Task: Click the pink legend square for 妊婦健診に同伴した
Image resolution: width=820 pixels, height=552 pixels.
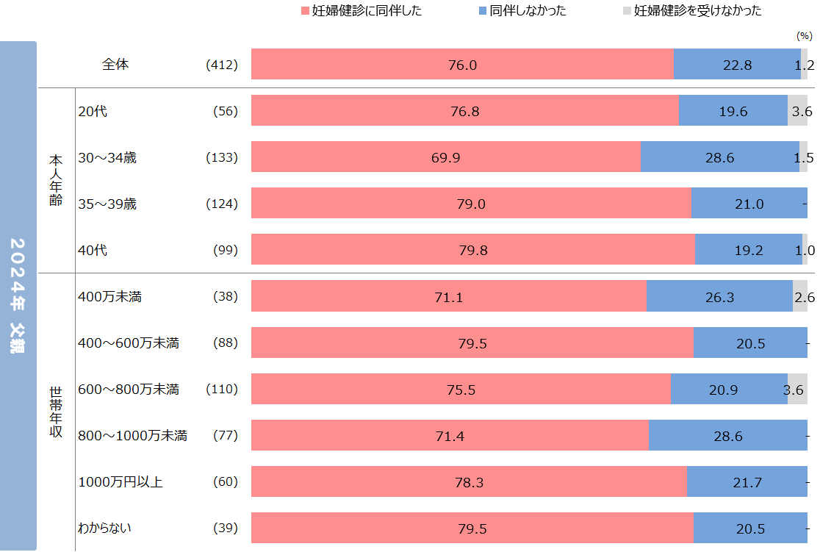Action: tap(306, 11)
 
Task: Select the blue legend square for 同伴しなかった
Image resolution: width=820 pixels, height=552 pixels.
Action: tap(482, 11)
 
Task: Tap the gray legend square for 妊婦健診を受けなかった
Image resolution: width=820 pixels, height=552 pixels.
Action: tap(626, 11)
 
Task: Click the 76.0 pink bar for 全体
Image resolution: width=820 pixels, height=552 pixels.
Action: tap(462, 65)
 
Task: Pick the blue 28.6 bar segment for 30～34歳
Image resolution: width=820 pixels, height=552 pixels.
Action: tap(719, 157)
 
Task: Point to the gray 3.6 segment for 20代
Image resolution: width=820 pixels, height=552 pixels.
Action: tap(797, 111)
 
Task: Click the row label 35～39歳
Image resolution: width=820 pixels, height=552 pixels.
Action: tap(107, 204)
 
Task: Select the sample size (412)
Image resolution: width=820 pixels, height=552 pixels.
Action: tap(223, 65)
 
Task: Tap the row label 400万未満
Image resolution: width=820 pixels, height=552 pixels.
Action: tap(109, 297)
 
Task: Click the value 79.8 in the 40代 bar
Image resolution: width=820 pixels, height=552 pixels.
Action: tap(472, 250)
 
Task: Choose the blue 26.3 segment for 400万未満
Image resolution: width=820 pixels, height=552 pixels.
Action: tap(719, 297)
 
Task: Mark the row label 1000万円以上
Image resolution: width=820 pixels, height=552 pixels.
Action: tap(121, 482)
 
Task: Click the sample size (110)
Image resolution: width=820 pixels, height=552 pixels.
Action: tap(223, 390)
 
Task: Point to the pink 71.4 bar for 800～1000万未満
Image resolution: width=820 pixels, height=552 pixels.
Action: tap(450, 436)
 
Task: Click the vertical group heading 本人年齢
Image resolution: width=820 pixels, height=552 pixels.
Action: tap(56, 180)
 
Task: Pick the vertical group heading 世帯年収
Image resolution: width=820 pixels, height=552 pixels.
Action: tap(56, 412)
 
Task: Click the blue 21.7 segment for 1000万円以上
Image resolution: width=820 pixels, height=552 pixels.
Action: tap(747, 482)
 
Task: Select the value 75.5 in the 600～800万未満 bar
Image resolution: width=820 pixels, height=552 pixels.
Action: tap(461, 390)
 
